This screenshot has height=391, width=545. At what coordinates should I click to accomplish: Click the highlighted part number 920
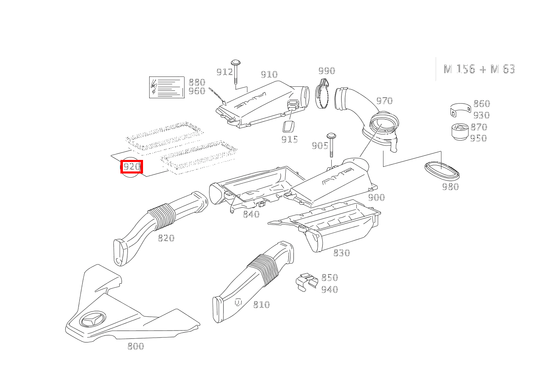pyautogui.click(x=132, y=167)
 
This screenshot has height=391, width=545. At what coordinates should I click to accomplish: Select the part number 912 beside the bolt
pyautogui.click(x=225, y=72)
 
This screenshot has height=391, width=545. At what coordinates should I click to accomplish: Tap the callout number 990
pyautogui.click(x=327, y=71)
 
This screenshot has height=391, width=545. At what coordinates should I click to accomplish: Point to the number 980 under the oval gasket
pyautogui.click(x=450, y=187)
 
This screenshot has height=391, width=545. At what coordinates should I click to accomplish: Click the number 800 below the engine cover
pyautogui.click(x=136, y=346)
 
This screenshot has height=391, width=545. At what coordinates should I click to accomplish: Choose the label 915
pyautogui.click(x=289, y=139)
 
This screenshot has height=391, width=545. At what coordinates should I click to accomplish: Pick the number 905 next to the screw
pyautogui.click(x=320, y=146)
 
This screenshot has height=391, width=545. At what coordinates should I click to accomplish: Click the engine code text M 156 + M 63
pyautogui.click(x=479, y=69)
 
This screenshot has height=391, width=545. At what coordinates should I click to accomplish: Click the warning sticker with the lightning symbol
pyautogui.click(x=166, y=87)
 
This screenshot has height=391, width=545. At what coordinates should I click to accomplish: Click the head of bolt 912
pyautogui.click(x=236, y=62)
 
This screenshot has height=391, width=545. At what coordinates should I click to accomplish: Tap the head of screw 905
pyautogui.click(x=331, y=136)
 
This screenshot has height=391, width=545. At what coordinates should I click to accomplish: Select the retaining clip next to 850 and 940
pyautogui.click(x=307, y=282)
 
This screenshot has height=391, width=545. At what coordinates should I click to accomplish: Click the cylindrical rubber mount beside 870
pyautogui.click(x=460, y=132)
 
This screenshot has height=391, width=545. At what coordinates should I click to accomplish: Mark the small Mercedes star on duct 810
pyautogui.click(x=238, y=302)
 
